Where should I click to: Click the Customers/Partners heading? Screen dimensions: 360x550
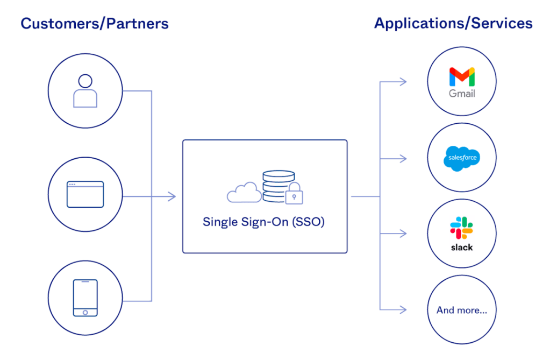coord(95,24)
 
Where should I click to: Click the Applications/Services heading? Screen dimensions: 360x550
coord(453,24)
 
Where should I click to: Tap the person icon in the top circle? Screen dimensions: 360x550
coord(85,91)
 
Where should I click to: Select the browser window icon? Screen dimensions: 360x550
coord(85,194)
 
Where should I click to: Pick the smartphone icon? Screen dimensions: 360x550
coord(85,298)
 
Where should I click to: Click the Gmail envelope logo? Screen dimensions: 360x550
coord(462,77)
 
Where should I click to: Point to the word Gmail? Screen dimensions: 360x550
coord(462,94)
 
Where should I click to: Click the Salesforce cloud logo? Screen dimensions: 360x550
coord(462,158)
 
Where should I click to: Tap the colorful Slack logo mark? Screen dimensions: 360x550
coord(461,228)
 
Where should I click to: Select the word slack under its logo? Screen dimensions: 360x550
coord(461,248)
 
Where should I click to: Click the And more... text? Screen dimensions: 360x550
coord(462,310)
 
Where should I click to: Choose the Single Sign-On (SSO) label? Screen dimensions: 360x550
coord(263,222)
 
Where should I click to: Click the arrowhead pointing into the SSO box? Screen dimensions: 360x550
coord(172,196)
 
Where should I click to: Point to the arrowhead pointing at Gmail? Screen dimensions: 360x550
coord(403,82)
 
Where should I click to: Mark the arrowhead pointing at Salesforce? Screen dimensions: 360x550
coord(403,158)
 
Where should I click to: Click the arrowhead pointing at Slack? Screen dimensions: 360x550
coord(403,234)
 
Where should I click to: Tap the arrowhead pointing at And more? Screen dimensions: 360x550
coord(403,309)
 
